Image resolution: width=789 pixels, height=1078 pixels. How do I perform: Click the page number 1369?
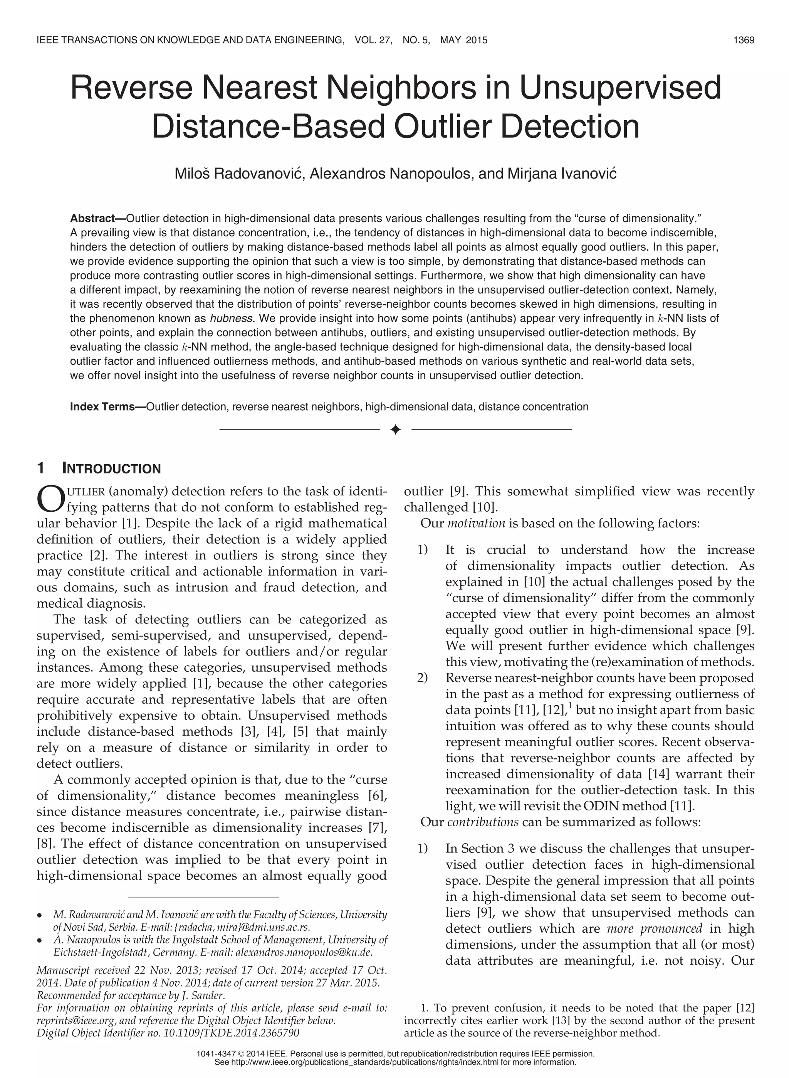(744, 40)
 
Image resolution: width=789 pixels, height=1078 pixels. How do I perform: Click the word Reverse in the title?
(132, 88)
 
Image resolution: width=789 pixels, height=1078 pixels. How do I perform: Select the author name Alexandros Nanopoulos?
(389, 173)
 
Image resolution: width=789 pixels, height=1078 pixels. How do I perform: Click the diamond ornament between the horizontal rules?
(395, 430)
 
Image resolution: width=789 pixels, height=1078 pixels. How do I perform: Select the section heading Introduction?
(111, 469)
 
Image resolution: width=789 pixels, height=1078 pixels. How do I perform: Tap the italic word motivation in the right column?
(476, 523)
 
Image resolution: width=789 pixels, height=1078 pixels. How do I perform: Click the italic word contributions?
(483, 822)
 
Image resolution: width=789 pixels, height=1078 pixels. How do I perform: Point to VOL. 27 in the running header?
(373, 40)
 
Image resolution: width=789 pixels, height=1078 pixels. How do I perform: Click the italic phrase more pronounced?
(654, 928)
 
